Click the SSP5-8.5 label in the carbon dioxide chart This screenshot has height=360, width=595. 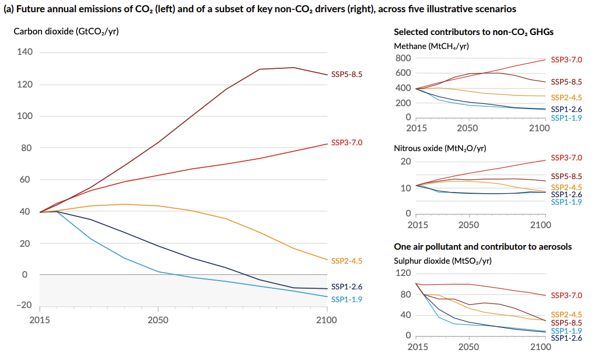click(x=346, y=74)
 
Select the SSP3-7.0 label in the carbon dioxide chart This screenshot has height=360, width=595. click(x=346, y=142)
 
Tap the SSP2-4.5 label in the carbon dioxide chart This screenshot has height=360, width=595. click(x=346, y=261)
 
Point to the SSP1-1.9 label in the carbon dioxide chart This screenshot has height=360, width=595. click(x=346, y=299)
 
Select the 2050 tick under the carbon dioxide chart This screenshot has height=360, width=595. click(x=158, y=320)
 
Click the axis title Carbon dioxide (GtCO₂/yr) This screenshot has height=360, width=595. click(x=66, y=31)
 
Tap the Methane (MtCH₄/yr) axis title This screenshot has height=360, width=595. click(x=432, y=46)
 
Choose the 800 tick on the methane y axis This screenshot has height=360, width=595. click(x=403, y=58)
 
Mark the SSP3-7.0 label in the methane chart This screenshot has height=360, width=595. click(x=566, y=60)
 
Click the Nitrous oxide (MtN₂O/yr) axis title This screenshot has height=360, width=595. click(x=440, y=148)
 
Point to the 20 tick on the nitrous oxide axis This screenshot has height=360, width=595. click(x=406, y=162)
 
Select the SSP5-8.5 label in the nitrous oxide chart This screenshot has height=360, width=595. click(x=566, y=176)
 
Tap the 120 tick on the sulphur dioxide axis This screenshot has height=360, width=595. click(x=403, y=273)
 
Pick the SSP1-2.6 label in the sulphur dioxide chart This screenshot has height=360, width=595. click(x=566, y=338)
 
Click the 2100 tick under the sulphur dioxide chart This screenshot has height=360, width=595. click(x=540, y=347)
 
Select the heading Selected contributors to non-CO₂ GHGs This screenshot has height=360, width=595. click(x=474, y=32)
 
